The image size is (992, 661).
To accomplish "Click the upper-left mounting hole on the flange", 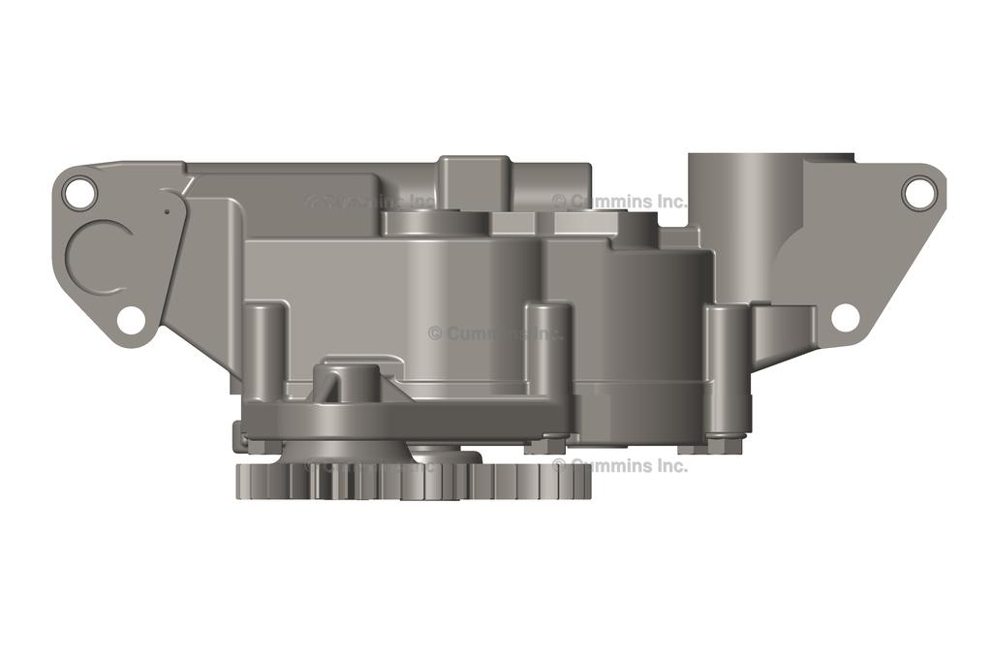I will pyautogui.click(x=79, y=193).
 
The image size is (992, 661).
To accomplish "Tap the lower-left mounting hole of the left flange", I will pyautogui.click(x=131, y=319).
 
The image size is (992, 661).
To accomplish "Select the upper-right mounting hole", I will pyautogui.click(x=916, y=191).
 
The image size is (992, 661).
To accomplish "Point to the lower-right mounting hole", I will pyautogui.click(x=845, y=317).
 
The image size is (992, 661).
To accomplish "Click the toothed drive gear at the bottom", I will pyautogui.click(x=413, y=480).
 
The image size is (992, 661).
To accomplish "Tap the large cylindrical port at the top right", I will pyautogui.click(x=742, y=213).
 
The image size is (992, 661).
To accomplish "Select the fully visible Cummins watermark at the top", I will pyautogui.click(x=620, y=202).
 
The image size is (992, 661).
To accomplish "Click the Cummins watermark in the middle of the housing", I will pyautogui.click(x=495, y=332).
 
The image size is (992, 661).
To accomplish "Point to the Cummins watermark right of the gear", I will pyautogui.click(x=620, y=465).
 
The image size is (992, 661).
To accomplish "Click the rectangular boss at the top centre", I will pyautogui.click(x=474, y=179).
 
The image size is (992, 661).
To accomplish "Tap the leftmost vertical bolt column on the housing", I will pyautogui.click(x=264, y=349).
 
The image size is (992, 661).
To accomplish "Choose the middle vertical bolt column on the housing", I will pyautogui.click(x=548, y=349).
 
